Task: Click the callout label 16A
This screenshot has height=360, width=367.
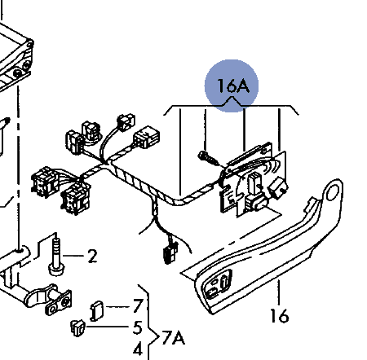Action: click(233, 86)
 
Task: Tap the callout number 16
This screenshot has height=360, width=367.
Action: click(280, 316)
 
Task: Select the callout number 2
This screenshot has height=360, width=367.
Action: click(92, 257)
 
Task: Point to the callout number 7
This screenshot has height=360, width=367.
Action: click(138, 306)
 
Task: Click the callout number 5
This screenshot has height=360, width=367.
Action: click(138, 327)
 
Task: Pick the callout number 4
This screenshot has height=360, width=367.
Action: click(138, 349)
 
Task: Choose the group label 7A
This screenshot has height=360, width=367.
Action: click(174, 338)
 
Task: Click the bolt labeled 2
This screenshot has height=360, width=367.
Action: click(56, 257)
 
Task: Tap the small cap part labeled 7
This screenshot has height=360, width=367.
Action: click(97, 311)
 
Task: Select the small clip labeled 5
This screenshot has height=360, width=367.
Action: click(77, 328)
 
